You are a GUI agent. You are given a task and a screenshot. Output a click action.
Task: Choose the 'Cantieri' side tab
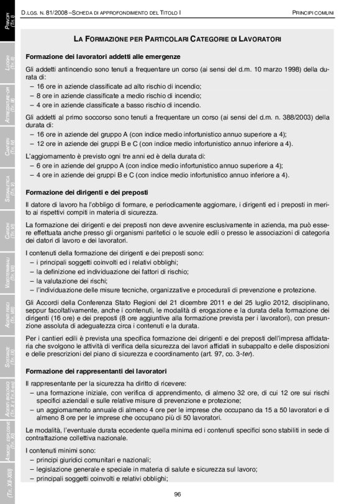[x=9, y=149]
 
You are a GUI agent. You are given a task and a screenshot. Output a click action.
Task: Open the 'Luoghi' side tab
[x=9, y=67]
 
